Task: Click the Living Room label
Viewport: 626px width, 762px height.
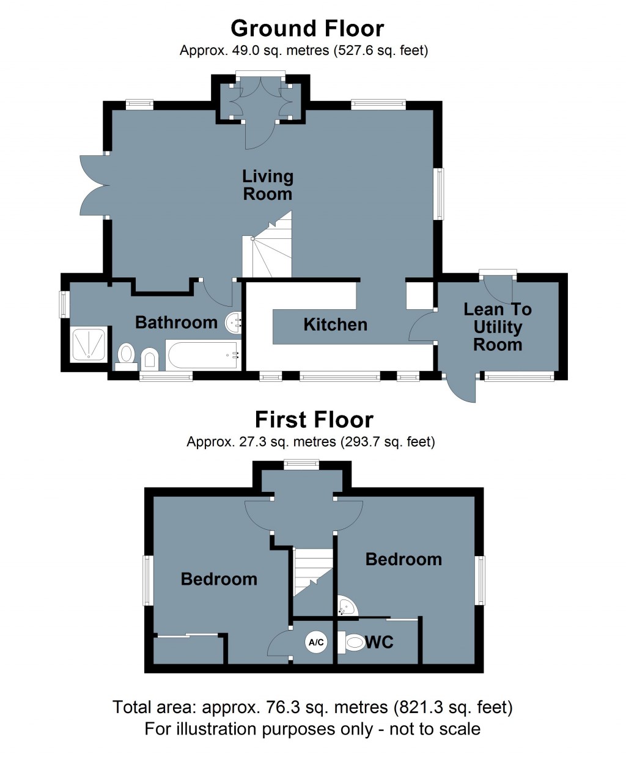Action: coord(268,185)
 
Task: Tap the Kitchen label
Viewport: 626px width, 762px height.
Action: coord(335,324)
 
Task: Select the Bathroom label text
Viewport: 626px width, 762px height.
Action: coord(176,322)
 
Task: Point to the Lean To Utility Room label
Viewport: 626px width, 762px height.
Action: coord(498,327)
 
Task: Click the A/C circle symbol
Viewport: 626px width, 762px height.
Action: coord(316,643)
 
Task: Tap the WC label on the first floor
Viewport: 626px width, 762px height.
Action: coord(379,642)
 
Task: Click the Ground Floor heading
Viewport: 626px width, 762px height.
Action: coord(307,29)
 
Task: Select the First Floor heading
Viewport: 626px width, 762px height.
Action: coord(314,420)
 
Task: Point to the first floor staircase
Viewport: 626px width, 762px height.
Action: coord(313,571)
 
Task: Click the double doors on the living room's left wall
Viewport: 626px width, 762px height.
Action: coord(95,185)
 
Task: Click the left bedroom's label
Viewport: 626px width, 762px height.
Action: coord(219,579)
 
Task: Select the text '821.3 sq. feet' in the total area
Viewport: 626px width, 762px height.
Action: coord(452,708)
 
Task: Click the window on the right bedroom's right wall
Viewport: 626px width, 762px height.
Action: coord(481,580)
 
